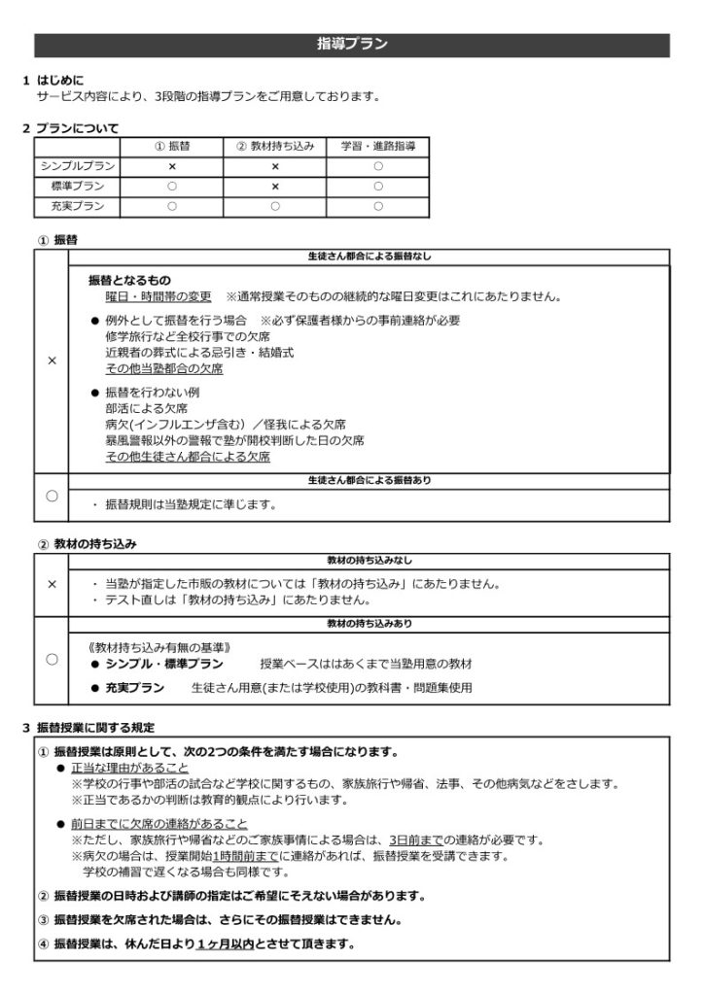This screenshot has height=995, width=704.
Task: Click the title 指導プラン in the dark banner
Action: click(352, 44)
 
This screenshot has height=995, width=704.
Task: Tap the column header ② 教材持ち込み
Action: click(275, 146)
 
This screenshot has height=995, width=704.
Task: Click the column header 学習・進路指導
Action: click(378, 146)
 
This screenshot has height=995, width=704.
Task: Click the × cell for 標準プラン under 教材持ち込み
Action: click(275, 186)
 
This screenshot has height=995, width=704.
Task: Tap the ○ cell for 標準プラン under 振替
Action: click(172, 186)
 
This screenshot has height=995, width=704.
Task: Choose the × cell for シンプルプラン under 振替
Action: click(172, 166)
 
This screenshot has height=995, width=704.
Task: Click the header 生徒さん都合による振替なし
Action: click(368, 257)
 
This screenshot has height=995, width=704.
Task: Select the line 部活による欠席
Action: click(141, 409)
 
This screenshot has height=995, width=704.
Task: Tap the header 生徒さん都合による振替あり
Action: click(368, 480)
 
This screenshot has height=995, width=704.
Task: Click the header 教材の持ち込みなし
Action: click(368, 561)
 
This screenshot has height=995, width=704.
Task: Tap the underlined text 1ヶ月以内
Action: click(226, 944)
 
